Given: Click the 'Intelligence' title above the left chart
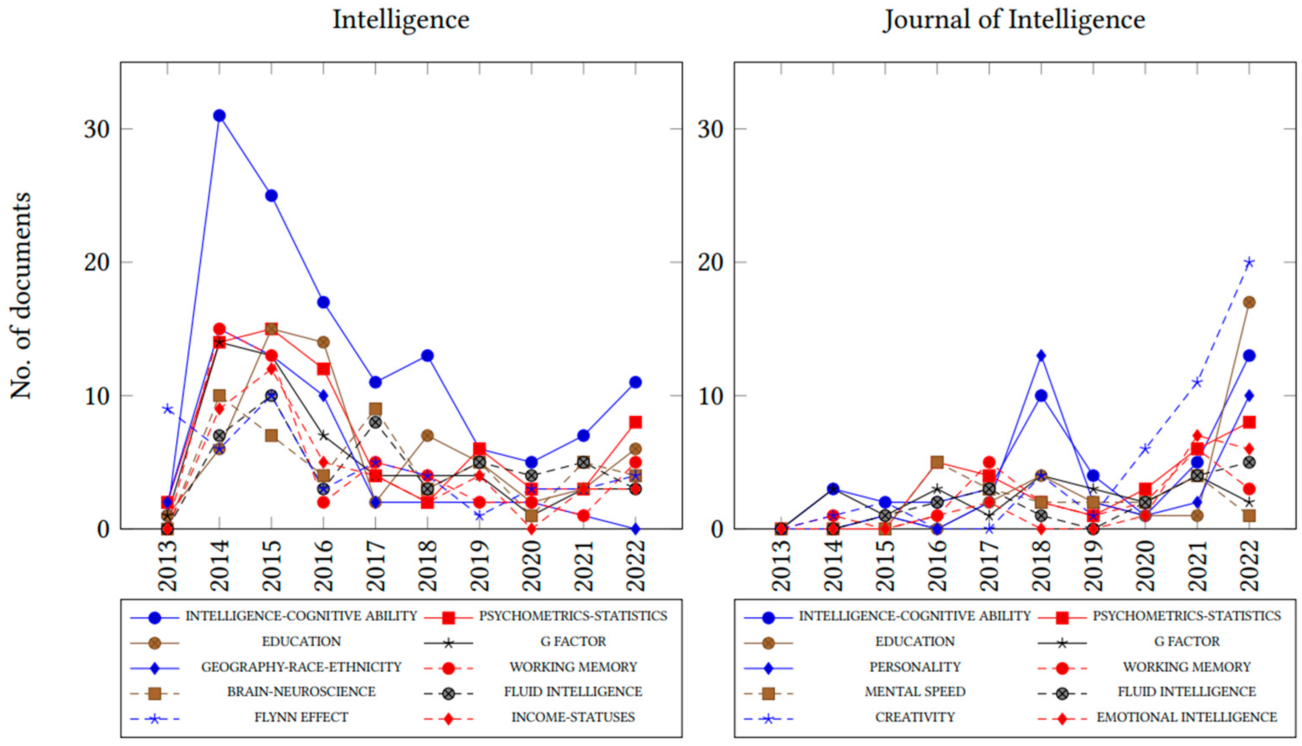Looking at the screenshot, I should coord(401,20).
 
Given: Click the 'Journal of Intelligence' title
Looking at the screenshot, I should coord(1014,20).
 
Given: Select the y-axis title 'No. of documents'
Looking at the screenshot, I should coord(21,296).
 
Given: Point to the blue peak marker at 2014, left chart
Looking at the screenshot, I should coord(219,115).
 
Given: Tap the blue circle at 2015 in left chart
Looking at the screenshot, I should coord(272,196).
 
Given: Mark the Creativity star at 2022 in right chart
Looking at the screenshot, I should coord(1249,262).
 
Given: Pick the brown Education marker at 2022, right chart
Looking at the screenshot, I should coord(1249,302).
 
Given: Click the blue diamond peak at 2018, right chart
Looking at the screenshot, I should coord(1040,356).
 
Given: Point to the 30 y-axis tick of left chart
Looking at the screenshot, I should coord(97,129).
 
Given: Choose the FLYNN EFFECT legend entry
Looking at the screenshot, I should coord(301,717).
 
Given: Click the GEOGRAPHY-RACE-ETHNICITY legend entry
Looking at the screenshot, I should coord(301,667).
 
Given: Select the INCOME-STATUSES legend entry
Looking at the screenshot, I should coord(573,717).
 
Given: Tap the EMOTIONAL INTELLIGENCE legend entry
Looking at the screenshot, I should coord(1186,717).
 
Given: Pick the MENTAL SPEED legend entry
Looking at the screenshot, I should coord(915,692).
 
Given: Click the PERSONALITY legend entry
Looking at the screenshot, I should coord(915,667).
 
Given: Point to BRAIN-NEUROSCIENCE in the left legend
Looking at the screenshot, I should coord(301,692).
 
